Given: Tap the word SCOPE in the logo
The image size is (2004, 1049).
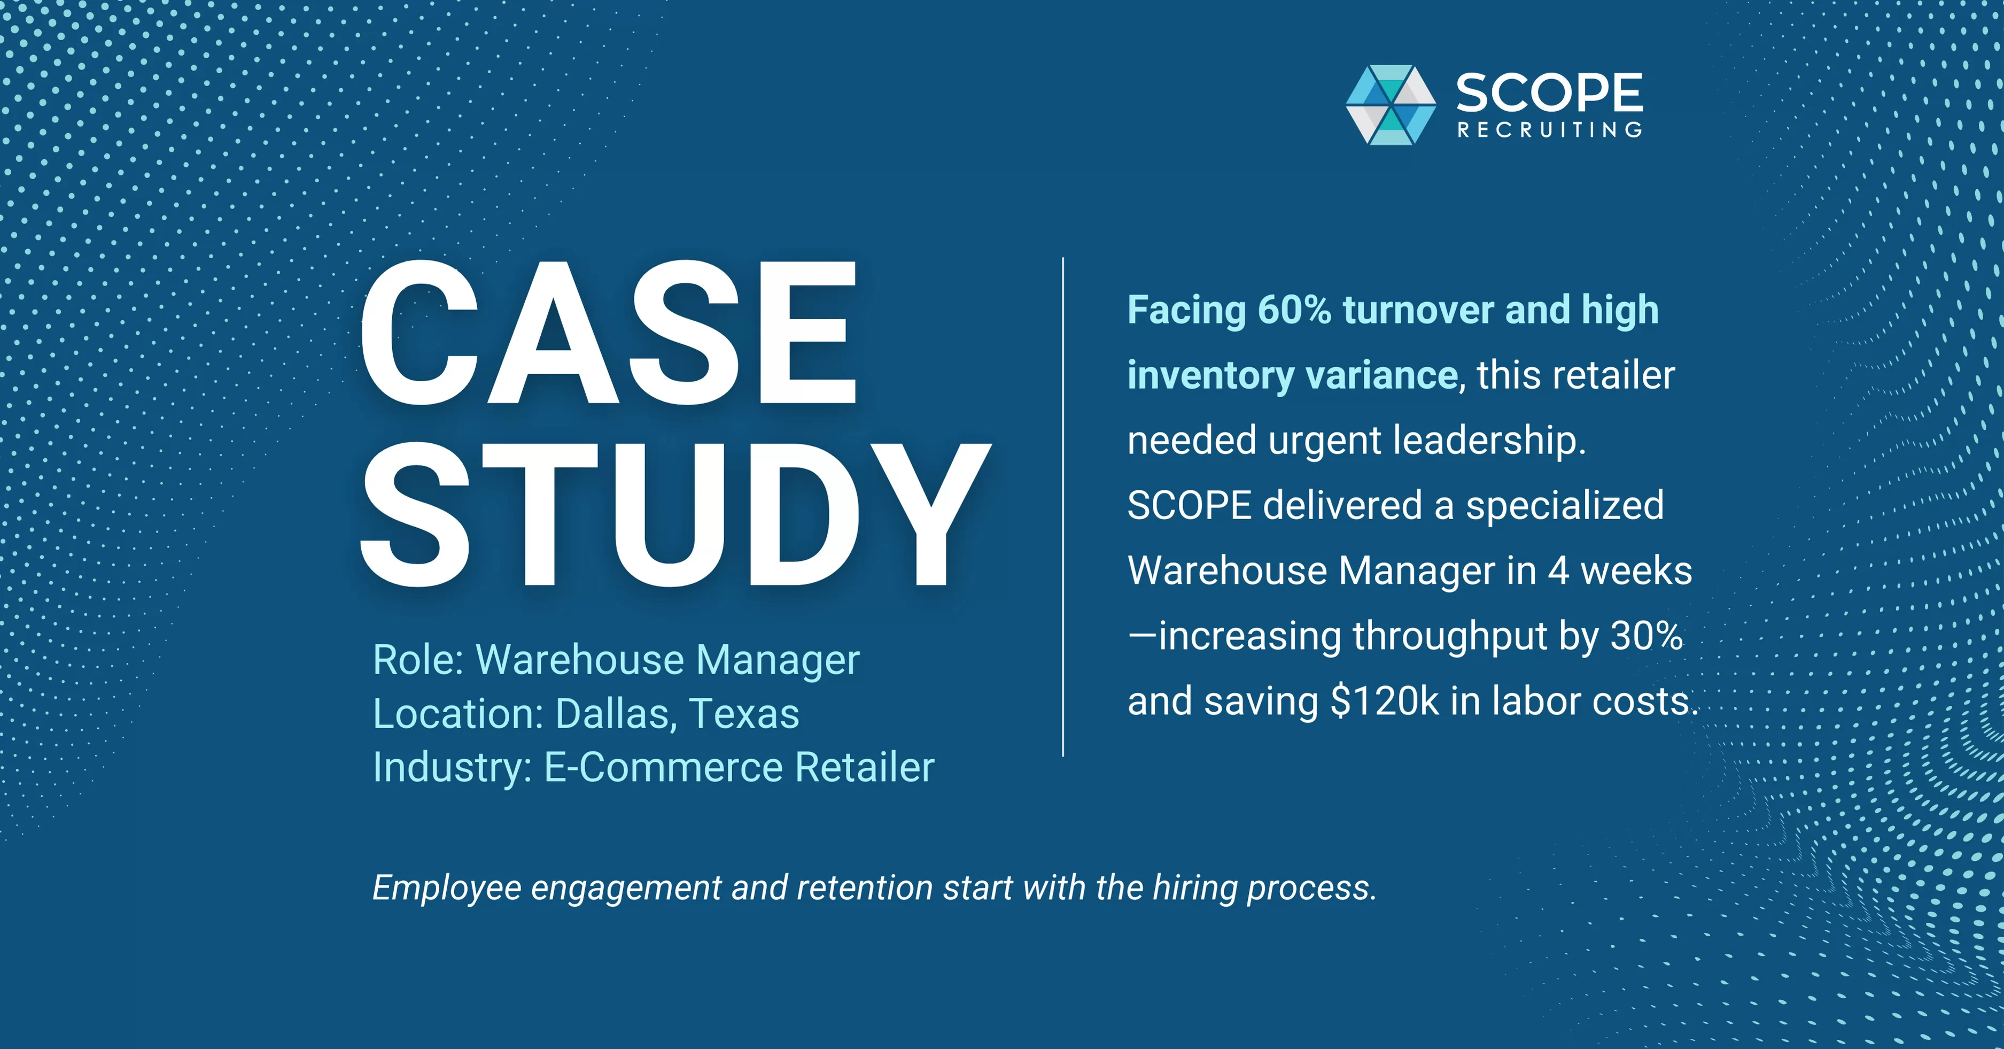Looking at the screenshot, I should pos(1549,94).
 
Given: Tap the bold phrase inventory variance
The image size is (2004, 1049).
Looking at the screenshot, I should pos(1292,375).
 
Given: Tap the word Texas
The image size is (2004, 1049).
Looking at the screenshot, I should pos(744,714).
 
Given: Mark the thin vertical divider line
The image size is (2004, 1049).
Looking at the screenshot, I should pos(1063,506).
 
